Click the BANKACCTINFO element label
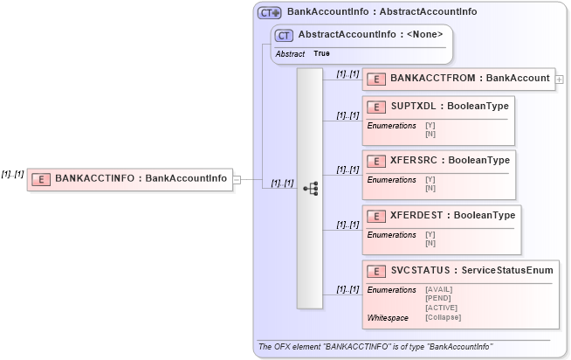[141, 178]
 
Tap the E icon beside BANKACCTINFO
[40, 179]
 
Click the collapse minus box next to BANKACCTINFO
[237, 179]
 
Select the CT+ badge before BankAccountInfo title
[269, 13]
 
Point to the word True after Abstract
[322, 54]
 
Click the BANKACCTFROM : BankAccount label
[470, 79]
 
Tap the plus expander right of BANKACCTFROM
[559, 80]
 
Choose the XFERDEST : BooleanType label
[452, 216]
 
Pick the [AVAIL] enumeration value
[438, 289]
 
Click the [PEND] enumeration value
[437, 298]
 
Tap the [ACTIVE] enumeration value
[440, 308]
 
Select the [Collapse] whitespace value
[443, 317]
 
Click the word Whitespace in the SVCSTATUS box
[388, 317]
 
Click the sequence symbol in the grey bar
[310, 188]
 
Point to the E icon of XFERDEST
[377, 216]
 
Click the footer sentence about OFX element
[375, 347]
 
